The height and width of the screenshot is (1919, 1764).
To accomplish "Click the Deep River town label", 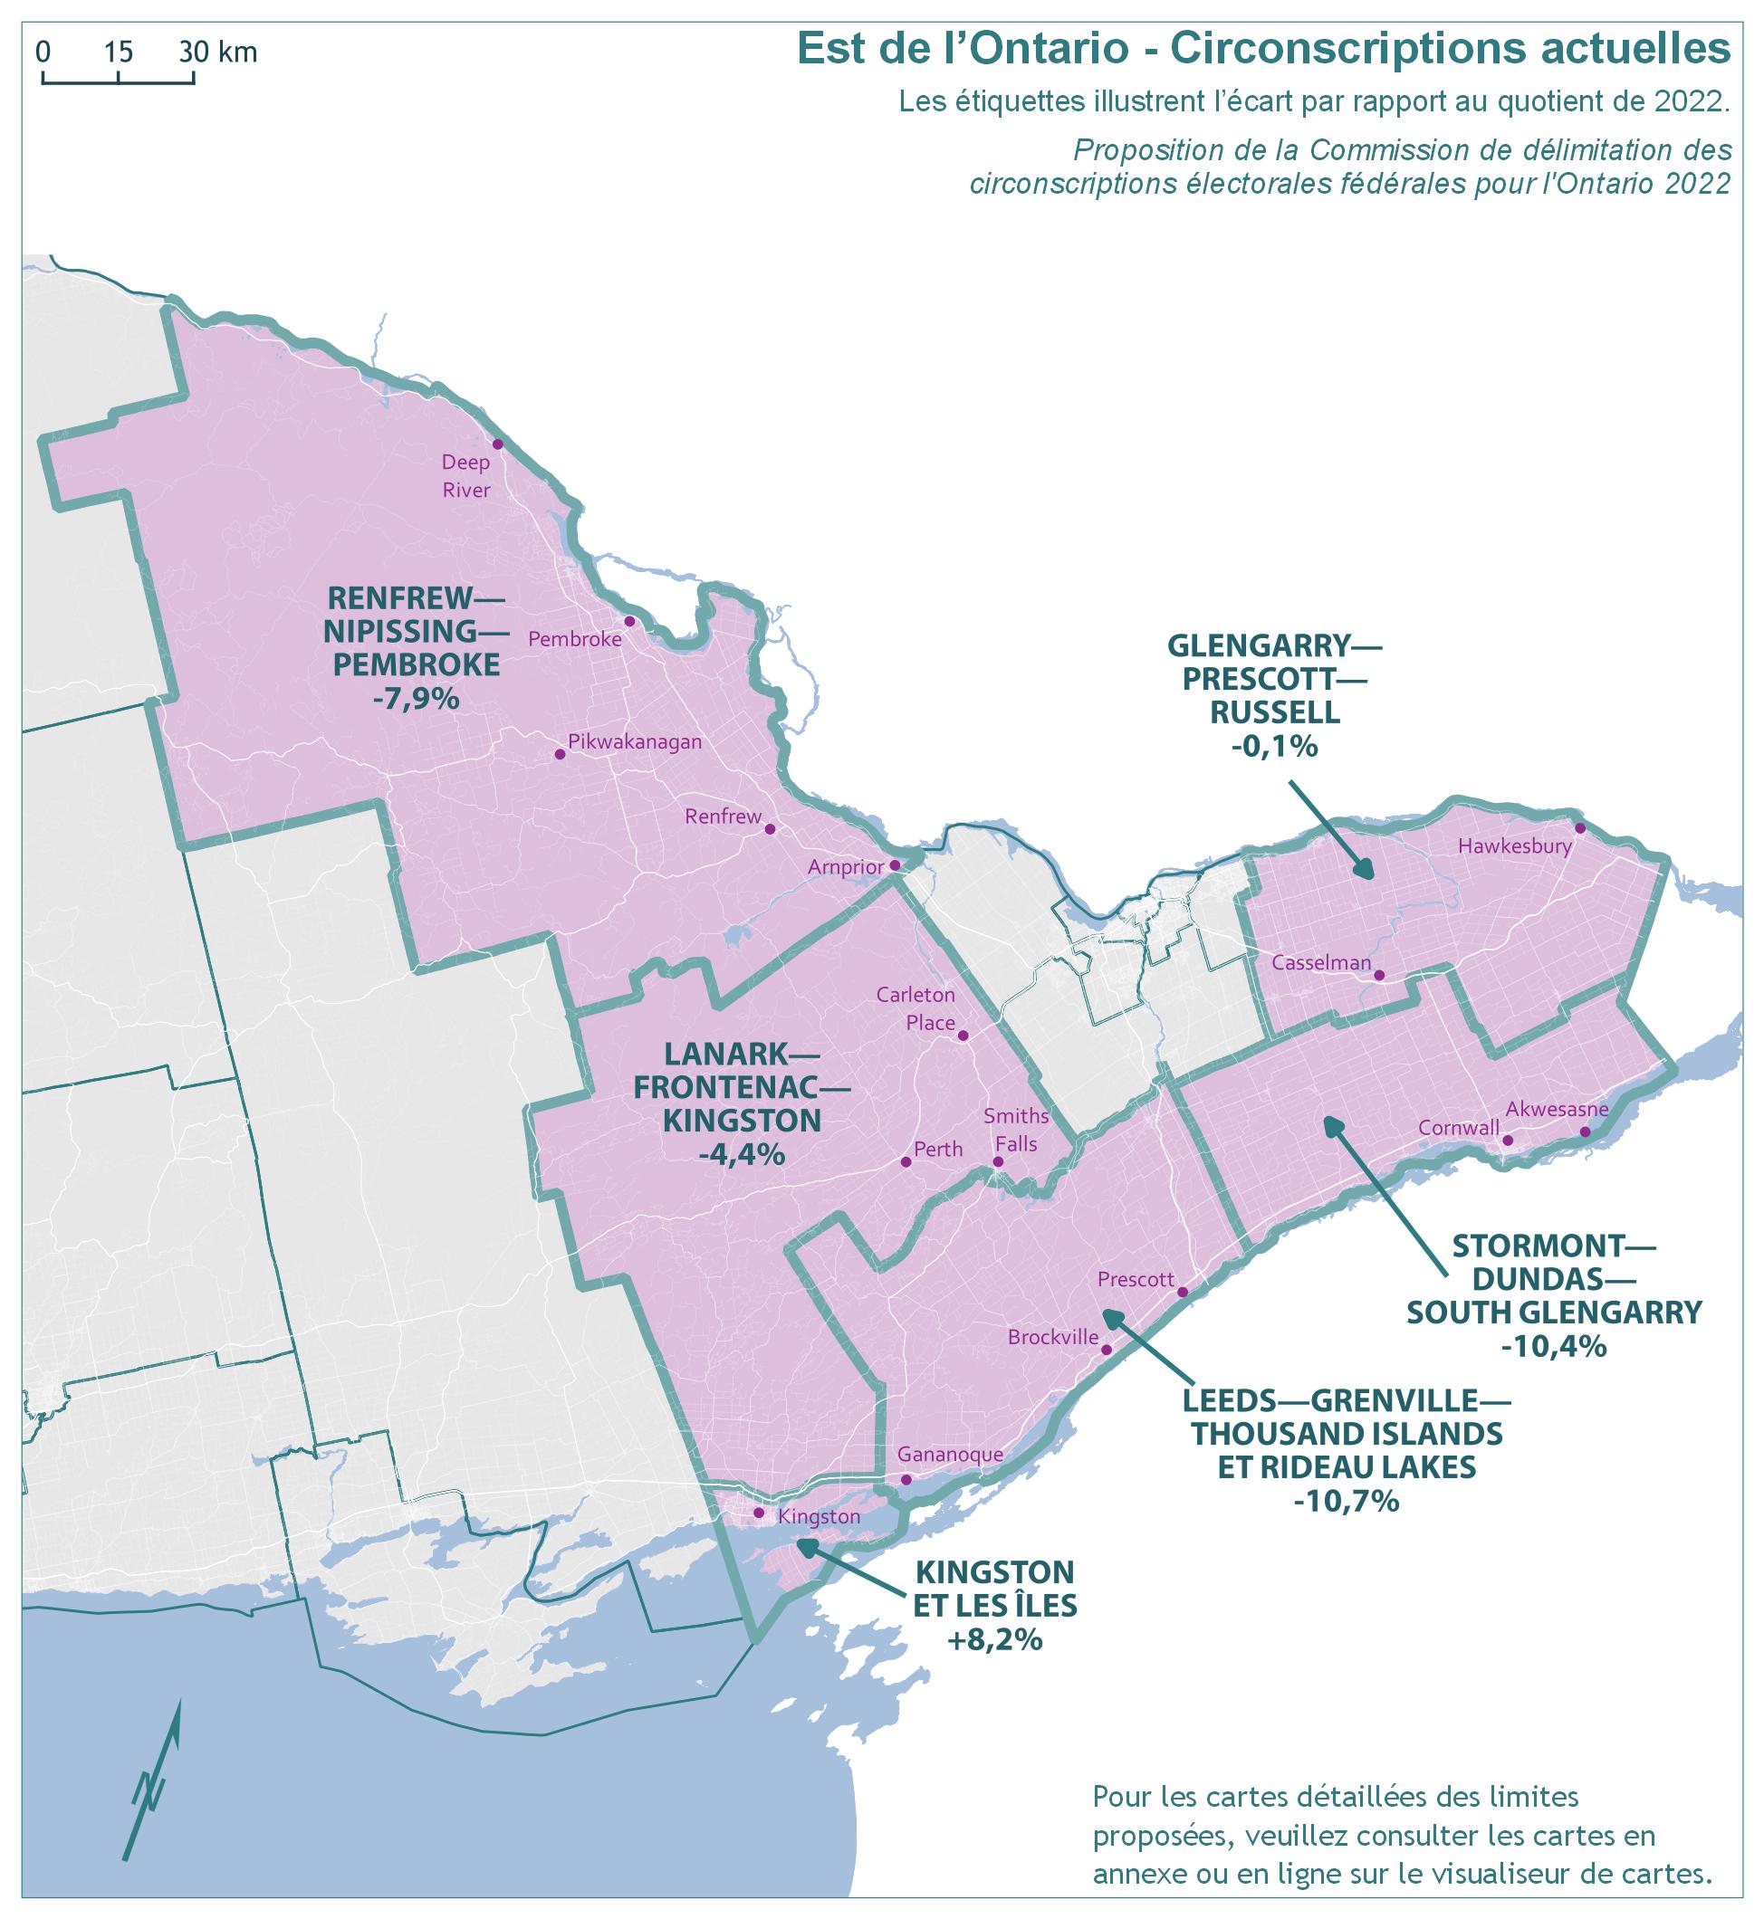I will pos(465,476).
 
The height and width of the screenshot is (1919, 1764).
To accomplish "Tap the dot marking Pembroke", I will pos(629,621).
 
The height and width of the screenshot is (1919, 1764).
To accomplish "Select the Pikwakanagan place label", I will pos(634,741).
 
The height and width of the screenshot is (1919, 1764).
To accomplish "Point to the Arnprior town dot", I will pos(895,865).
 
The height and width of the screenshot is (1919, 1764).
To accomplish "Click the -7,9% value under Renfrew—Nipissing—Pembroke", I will pos(417,699).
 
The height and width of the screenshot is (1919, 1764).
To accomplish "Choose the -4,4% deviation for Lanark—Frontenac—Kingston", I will pos(742,1155).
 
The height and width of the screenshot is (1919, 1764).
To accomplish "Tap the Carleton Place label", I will pos(916,1008).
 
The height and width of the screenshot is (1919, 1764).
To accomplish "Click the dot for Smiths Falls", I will pos(998,1162).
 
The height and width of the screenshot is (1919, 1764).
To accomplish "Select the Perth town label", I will pos(938,1149).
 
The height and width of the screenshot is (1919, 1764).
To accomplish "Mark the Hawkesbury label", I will pos(1515,845).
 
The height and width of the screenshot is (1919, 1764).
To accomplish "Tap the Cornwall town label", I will pos(1459,1127).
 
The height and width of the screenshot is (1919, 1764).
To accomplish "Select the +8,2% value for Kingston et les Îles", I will pos(994,1640).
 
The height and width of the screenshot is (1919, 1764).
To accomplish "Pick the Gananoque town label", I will pos(951,1455).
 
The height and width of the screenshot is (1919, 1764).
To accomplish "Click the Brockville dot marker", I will pos(1107,1351).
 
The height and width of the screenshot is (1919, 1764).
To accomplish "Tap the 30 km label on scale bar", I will pos(218,52).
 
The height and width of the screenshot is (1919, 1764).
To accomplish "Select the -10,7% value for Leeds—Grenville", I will pos(1346,1501).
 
